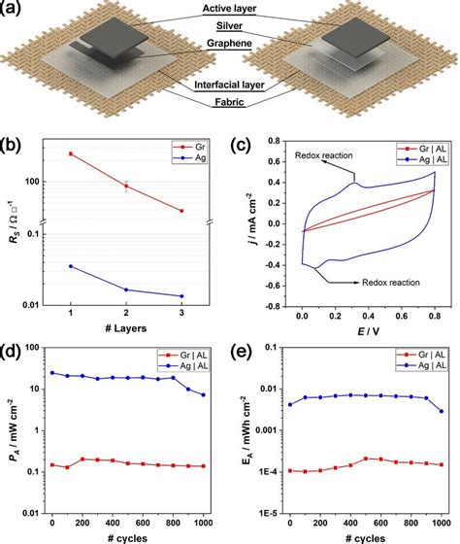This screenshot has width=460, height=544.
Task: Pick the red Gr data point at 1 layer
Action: pos(71,153)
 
